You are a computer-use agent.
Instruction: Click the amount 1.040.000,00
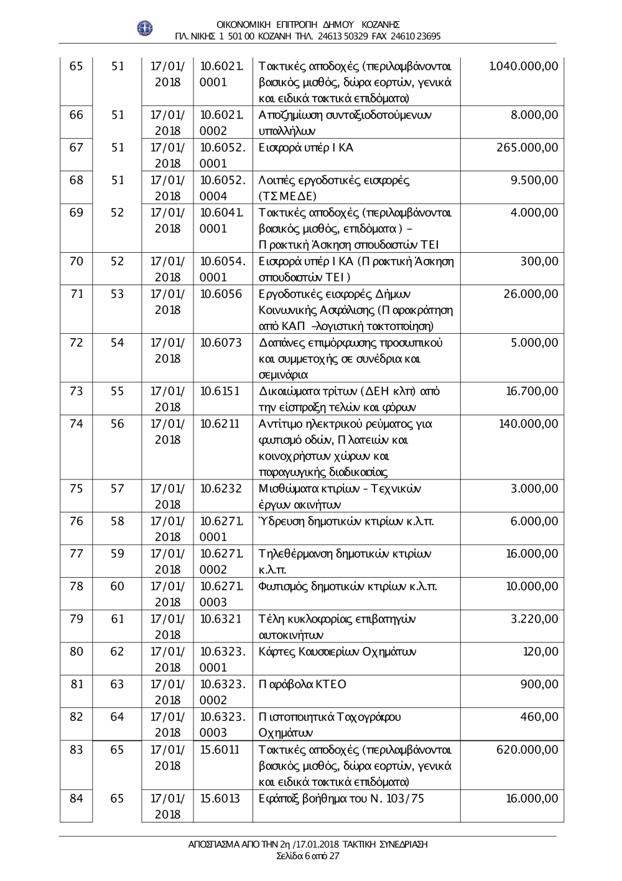click(524, 66)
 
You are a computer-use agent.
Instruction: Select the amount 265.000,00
click(527, 148)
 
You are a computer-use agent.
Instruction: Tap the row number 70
click(77, 261)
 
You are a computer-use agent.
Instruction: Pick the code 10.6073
click(221, 342)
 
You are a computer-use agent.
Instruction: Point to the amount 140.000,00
click(529, 424)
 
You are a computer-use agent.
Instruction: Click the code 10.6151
click(220, 391)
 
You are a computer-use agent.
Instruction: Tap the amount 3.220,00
click(534, 619)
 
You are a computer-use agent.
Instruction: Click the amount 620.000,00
click(527, 750)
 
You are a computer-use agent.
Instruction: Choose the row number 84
click(77, 798)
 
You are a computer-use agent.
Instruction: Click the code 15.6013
click(220, 798)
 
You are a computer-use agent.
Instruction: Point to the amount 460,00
click(539, 717)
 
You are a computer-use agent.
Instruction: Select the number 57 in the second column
click(117, 489)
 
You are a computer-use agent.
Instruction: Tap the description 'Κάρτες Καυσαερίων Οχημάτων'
click(337, 652)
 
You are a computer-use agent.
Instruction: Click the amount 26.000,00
click(531, 294)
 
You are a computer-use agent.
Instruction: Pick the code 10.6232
click(221, 489)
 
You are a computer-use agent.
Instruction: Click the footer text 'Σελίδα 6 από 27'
click(308, 855)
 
